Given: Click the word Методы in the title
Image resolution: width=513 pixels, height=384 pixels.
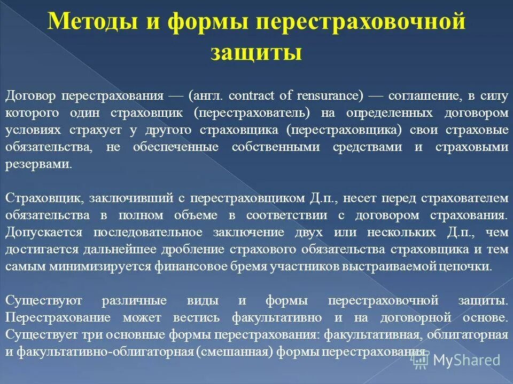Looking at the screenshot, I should click(89, 23).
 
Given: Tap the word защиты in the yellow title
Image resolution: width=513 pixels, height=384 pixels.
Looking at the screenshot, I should click(256, 53).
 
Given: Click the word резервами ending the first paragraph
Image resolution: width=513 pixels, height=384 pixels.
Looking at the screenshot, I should click(38, 165).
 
